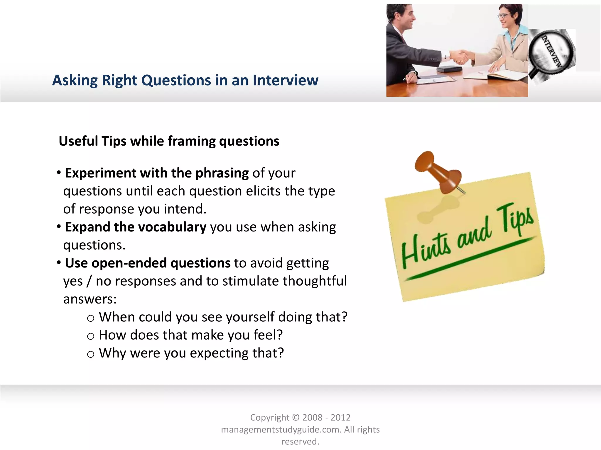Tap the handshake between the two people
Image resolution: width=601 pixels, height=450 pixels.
click(x=461, y=57)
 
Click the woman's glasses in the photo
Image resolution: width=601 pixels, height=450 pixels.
click(x=504, y=15)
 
